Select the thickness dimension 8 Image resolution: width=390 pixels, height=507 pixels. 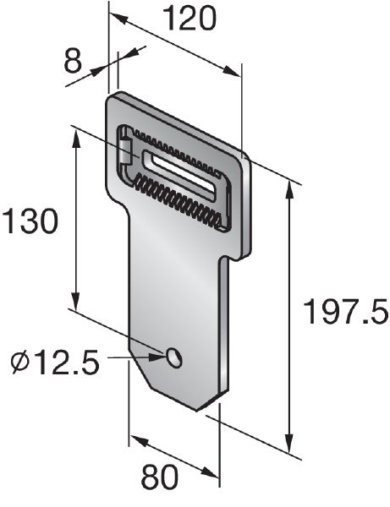[75, 61]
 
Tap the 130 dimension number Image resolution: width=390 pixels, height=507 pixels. [30, 221]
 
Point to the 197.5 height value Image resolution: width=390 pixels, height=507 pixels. [346, 313]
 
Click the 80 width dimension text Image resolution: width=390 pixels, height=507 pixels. [160, 478]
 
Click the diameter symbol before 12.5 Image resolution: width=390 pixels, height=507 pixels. [22, 363]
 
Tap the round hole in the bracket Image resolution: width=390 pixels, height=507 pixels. [175, 357]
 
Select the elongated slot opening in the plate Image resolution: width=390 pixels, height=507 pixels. [182, 170]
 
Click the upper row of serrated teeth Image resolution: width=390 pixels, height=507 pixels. [182, 147]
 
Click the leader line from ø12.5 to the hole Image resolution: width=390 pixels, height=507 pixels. [135, 358]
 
